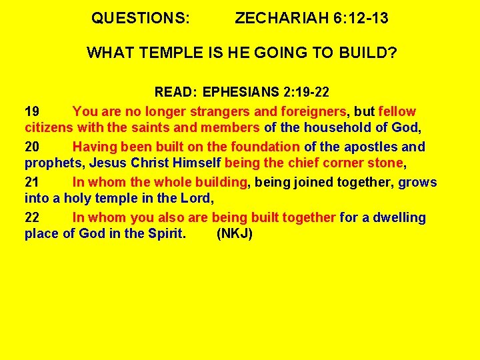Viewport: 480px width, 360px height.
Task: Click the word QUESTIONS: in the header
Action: tap(140, 19)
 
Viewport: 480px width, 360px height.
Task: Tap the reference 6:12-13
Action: tap(361, 19)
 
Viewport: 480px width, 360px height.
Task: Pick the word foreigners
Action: tap(309, 111)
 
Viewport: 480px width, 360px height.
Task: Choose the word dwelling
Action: tap(398, 217)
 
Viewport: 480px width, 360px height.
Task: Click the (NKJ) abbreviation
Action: tap(235, 233)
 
